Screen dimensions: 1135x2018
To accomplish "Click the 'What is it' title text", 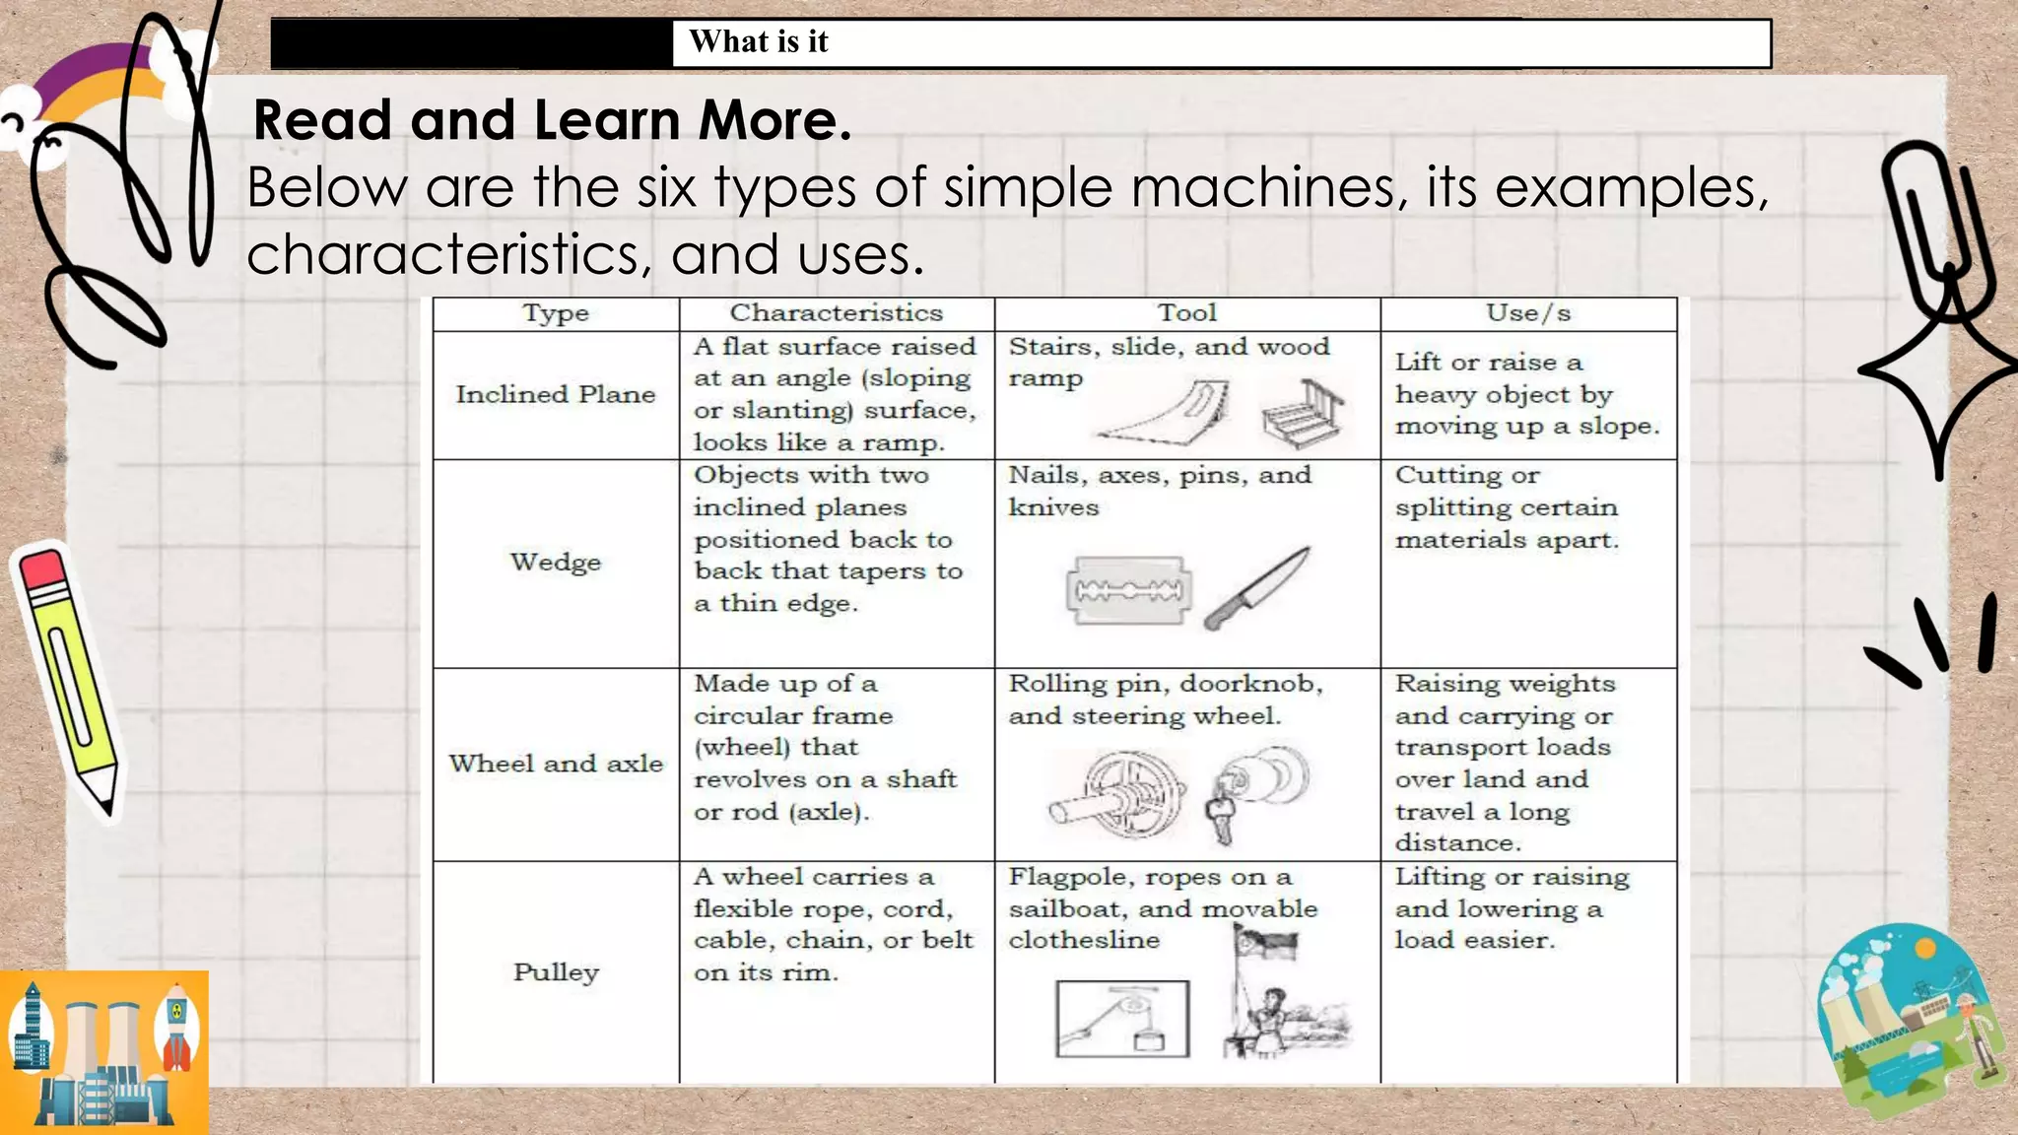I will pyautogui.click(x=758, y=42).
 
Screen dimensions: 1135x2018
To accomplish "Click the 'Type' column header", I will pyautogui.click(x=556, y=313).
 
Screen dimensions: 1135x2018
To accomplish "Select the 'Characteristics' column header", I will pyautogui.click(x=836, y=313).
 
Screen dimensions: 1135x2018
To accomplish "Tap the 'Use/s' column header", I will pyautogui.click(x=1528, y=313).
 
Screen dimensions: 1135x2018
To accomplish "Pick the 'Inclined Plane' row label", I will pyautogui.click(x=555, y=394).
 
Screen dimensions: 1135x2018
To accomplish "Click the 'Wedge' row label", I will pyautogui.click(x=555, y=563).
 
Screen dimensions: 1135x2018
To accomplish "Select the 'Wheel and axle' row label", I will pyautogui.click(x=556, y=764).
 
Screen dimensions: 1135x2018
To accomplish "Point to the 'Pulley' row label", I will pyautogui.click(x=556, y=972).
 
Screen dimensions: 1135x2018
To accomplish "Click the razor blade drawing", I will pyautogui.click(x=1128, y=591).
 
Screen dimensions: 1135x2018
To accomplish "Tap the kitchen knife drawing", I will pyautogui.click(x=1257, y=589).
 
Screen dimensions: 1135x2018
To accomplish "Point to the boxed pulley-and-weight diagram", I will pyautogui.click(x=1122, y=1018).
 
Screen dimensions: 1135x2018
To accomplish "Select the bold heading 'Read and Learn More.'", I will pyautogui.click(x=552, y=120).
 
